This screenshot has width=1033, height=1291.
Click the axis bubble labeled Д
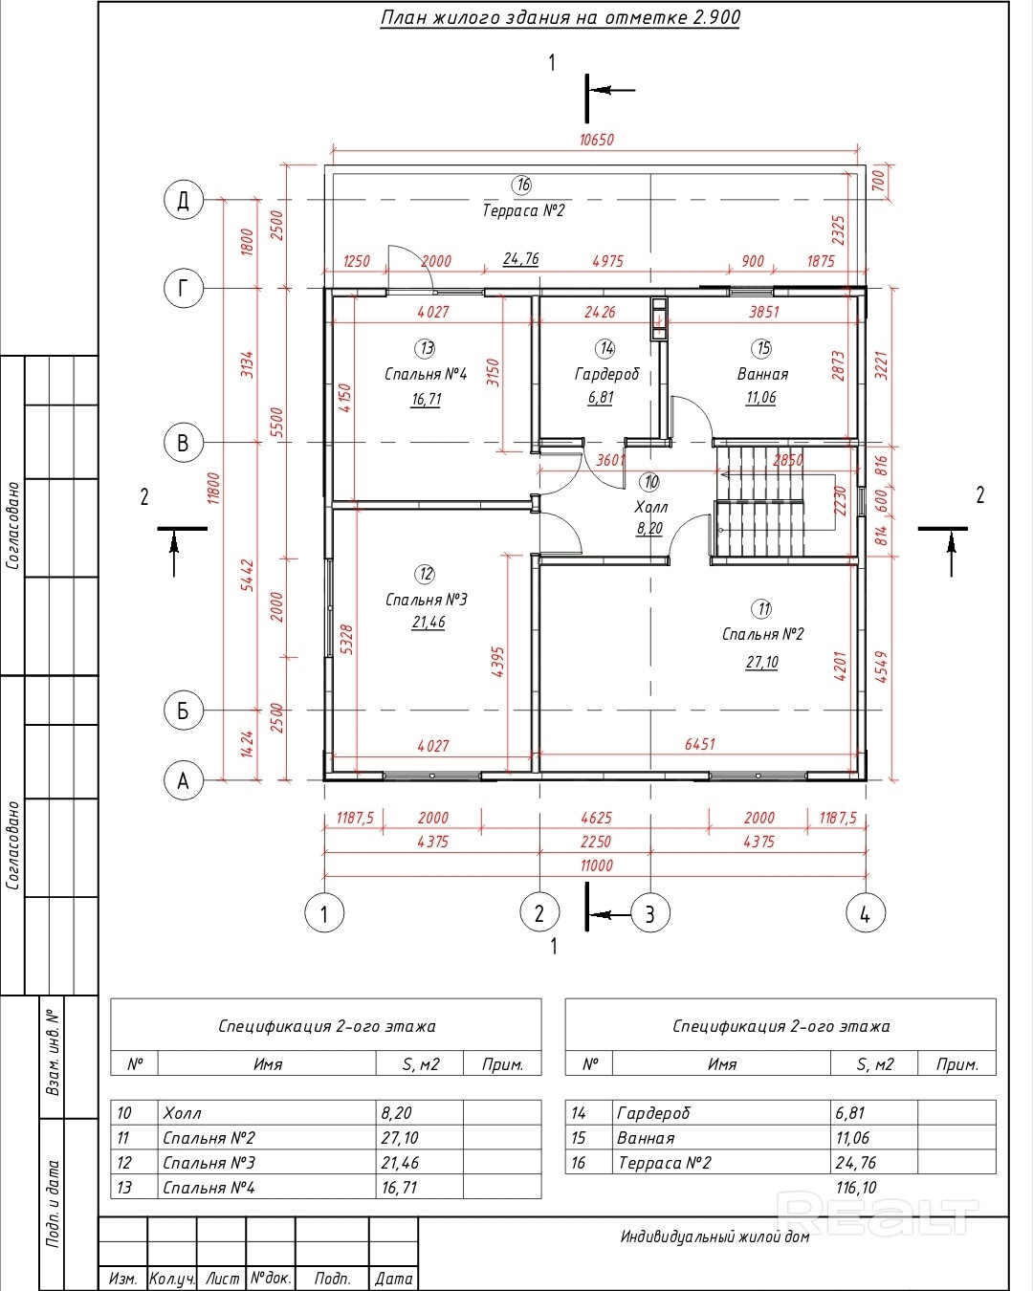(184, 200)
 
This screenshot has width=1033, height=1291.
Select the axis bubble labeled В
(184, 443)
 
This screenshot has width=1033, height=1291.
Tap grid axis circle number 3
(650, 913)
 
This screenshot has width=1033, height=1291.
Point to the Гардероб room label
(606, 374)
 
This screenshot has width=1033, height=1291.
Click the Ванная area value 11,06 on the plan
(760, 397)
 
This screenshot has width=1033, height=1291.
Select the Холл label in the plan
(650, 507)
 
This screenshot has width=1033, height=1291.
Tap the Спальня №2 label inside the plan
(762, 634)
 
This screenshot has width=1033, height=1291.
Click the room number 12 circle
(426, 574)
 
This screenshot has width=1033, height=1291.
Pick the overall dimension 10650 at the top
(597, 140)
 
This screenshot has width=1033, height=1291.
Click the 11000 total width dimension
(597, 865)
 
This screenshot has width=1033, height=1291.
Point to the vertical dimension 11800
(214, 489)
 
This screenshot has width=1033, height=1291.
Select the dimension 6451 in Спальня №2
(700, 744)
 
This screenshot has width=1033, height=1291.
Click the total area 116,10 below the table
(856, 1187)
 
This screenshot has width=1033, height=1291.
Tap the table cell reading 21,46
(400, 1163)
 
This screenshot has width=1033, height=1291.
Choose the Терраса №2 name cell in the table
(665, 1163)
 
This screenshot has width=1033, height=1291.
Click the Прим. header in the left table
(502, 1064)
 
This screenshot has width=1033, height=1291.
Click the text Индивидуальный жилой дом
(714, 1236)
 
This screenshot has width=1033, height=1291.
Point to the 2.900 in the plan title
(716, 17)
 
